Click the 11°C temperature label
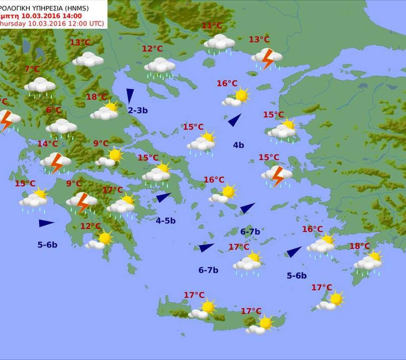coord(212,26)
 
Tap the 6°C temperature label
coord(53,110)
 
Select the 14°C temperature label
coord(48,144)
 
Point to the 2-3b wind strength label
coord(138,110)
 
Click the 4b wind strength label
coord(239,145)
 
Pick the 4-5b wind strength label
coord(165,221)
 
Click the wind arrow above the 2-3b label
coord(130,96)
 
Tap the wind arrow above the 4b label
coord(234,120)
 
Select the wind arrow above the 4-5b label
coord(163,198)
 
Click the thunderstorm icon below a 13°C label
coord(267,58)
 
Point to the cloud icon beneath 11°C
coord(219,43)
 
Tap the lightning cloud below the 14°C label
coord(55,161)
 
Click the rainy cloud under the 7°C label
coord(40,86)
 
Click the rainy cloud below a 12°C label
coord(160,66)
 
